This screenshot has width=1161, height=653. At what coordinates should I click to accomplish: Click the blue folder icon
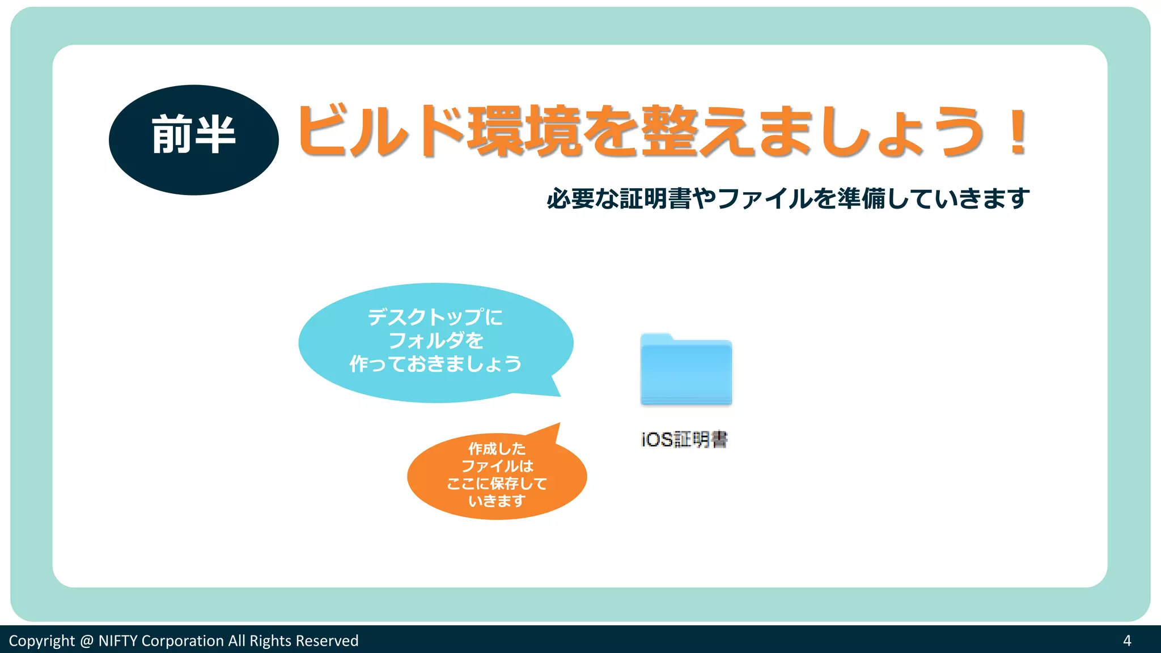tap(686, 371)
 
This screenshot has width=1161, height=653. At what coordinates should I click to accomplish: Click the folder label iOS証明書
tap(684, 439)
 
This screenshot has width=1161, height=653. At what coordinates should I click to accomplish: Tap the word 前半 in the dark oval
tap(193, 135)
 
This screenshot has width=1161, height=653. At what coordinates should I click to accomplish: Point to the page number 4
tap(1127, 641)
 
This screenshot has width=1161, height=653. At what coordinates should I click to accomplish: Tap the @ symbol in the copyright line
tap(86, 641)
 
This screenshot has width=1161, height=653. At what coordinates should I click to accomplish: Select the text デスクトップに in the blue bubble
tap(435, 317)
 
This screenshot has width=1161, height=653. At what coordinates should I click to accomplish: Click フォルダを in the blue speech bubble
tap(435, 340)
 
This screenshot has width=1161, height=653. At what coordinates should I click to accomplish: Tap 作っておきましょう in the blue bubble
tap(435, 363)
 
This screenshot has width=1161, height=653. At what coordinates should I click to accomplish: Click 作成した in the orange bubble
tap(497, 448)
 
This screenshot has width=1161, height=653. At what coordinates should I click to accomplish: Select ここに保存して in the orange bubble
tap(497, 484)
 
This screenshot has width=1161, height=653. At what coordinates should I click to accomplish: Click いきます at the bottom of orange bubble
tap(497, 501)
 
